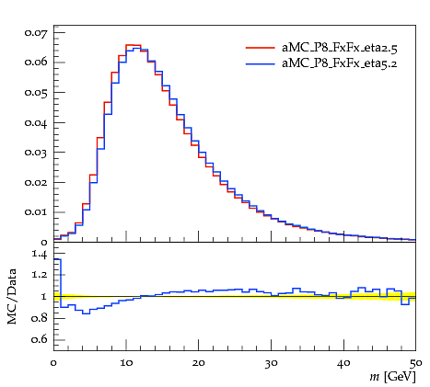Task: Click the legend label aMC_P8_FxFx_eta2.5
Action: [340, 48]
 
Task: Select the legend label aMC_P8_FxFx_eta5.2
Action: [340, 63]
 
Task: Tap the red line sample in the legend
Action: [261, 48]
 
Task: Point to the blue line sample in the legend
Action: [261, 63]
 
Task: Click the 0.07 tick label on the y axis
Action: [36, 32]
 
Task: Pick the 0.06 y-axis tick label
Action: [36, 63]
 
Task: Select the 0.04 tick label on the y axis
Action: [36, 123]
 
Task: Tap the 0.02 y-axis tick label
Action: [36, 183]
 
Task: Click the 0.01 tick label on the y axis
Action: [36, 212]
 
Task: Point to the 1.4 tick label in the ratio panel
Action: [40, 254]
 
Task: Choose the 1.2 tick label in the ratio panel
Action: [40, 274]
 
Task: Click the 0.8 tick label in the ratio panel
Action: [40, 318]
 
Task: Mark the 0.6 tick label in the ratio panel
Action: [40, 339]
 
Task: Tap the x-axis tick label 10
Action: [126, 363]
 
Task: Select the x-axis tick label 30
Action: [272, 363]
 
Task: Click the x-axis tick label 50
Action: [416, 363]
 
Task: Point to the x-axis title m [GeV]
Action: [392, 377]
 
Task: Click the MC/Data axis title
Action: [12, 297]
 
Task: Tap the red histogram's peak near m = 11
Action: [134, 45]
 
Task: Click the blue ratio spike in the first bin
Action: [57, 259]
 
